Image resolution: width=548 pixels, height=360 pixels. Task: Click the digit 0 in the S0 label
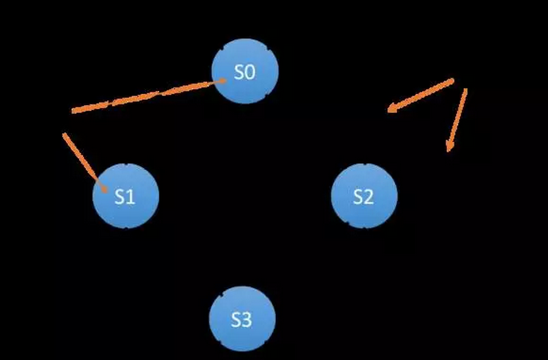tap(250, 73)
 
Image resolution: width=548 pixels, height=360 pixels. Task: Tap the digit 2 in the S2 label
tap(369, 197)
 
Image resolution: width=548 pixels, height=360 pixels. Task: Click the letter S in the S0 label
tap(239, 73)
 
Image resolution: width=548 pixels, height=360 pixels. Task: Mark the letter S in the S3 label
tap(236, 320)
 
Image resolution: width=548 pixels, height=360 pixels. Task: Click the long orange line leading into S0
tap(148, 96)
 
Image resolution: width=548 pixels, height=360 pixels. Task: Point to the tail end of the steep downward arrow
tap(466, 89)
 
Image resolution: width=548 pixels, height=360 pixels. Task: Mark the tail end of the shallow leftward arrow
tap(453, 80)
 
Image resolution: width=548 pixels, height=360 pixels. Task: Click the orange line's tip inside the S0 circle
tap(224, 81)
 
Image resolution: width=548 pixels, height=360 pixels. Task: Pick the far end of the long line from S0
tap(73, 111)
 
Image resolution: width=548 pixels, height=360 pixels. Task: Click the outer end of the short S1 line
tap(64, 134)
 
